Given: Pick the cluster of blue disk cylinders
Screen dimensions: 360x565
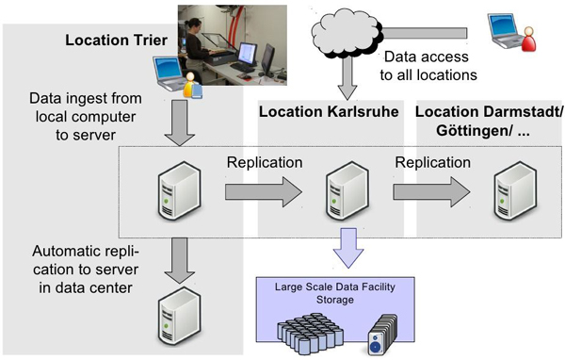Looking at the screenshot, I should pyautogui.click(x=315, y=330).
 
